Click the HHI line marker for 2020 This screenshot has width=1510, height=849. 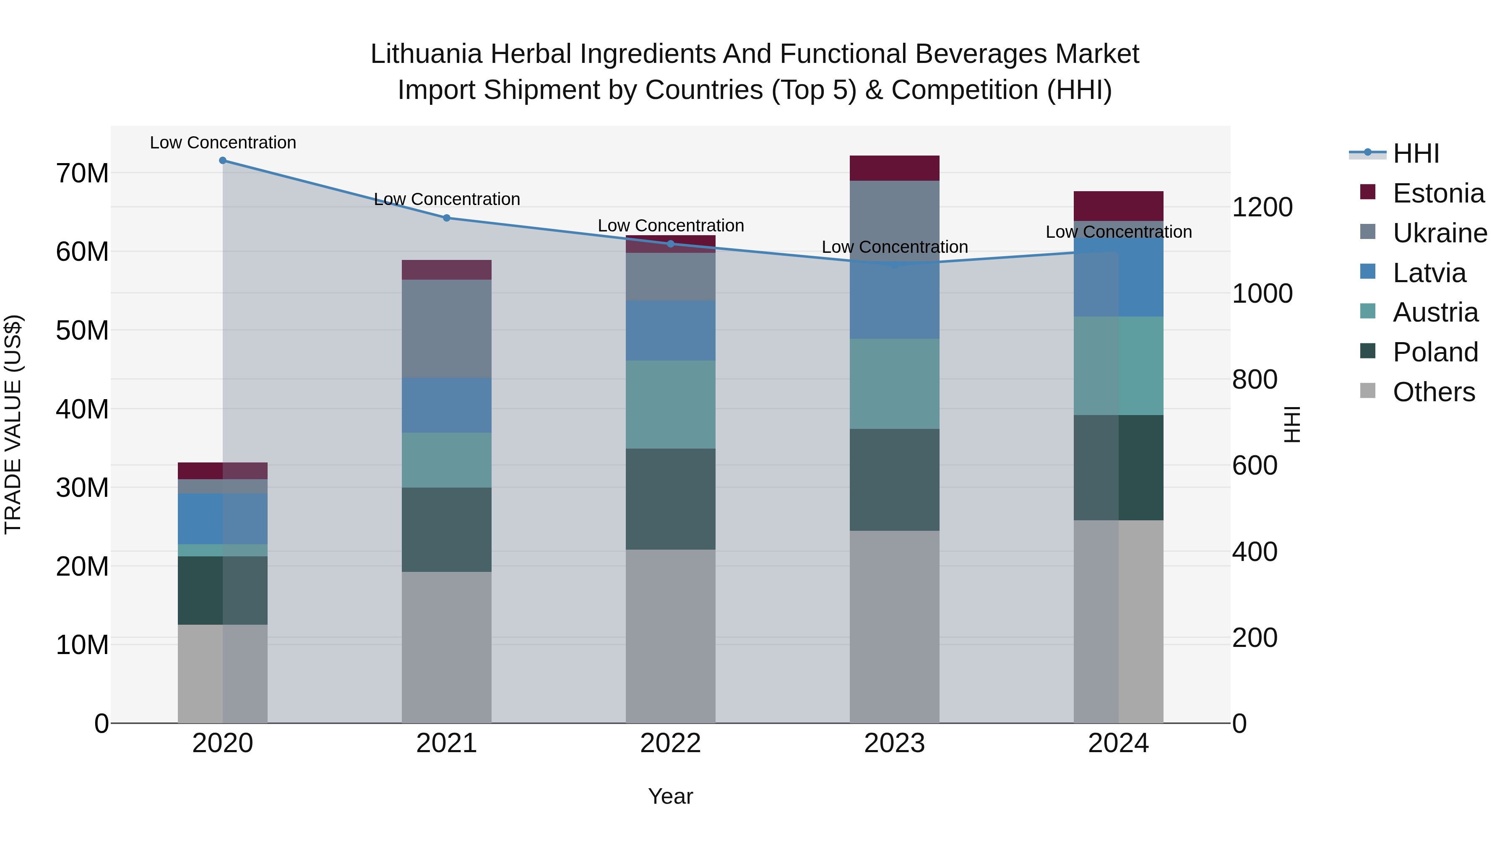pyautogui.click(x=223, y=161)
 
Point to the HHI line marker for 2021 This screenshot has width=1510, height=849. pyautogui.click(x=447, y=218)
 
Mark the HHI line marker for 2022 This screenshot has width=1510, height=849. pyautogui.click(x=671, y=244)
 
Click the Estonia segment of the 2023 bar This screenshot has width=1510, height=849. pyautogui.click(x=895, y=168)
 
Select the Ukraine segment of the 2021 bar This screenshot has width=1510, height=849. pyautogui.click(x=447, y=329)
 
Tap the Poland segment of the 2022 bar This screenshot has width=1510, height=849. pyautogui.click(x=671, y=499)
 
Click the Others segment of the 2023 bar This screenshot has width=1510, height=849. pyautogui.click(x=895, y=627)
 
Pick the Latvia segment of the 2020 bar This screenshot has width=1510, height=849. pyautogui.click(x=223, y=519)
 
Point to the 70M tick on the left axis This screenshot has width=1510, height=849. pyautogui.click(x=82, y=174)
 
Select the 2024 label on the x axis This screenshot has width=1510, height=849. pyautogui.click(x=1118, y=743)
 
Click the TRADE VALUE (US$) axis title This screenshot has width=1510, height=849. pyautogui.click(x=13, y=424)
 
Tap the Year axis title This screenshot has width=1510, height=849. pyautogui.click(x=671, y=796)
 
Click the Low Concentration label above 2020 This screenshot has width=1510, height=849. pyautogui.click(x=223, y=143)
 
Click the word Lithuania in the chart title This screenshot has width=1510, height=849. pyautogui.click(x=426, y=54)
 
